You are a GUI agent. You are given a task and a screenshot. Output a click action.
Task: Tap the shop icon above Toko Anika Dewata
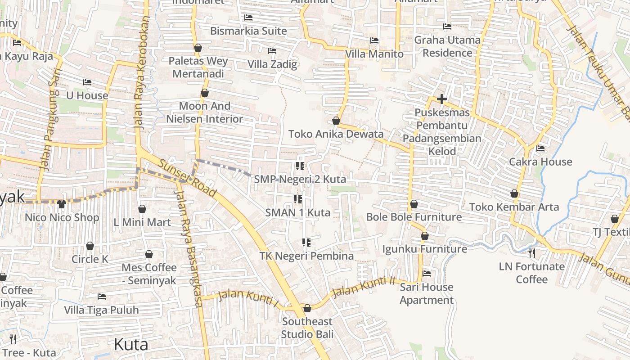(336, 121)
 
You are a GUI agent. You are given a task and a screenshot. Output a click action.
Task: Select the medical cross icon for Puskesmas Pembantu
(442, 99)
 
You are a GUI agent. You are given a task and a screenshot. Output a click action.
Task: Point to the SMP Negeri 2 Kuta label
(300, 179)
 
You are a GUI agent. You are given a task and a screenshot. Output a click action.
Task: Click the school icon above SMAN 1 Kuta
(298, 199)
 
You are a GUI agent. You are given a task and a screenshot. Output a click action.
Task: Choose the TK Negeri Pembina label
(306, 256)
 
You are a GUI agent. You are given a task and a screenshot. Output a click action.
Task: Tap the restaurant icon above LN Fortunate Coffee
(532, 253)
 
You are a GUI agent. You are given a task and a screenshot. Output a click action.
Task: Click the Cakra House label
(540, 162)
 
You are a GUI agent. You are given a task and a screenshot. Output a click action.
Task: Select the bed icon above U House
(87, 82)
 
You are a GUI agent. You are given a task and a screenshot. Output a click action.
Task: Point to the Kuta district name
(131, 344)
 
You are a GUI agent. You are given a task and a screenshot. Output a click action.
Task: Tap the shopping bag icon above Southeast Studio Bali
(307, 308)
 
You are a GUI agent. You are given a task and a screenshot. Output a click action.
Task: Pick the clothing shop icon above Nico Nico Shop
(62, 204)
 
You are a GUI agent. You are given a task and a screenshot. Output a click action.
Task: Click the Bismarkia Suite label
(248, 31)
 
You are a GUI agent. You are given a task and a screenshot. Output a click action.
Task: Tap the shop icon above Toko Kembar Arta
(514, 193)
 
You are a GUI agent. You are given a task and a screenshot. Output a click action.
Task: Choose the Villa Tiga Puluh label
(101, 310)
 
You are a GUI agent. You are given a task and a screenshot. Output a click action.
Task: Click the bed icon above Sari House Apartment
(427, 274)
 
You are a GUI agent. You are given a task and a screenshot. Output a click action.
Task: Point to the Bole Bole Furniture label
(414, 217)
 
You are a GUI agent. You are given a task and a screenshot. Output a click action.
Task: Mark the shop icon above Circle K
(90, 246)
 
